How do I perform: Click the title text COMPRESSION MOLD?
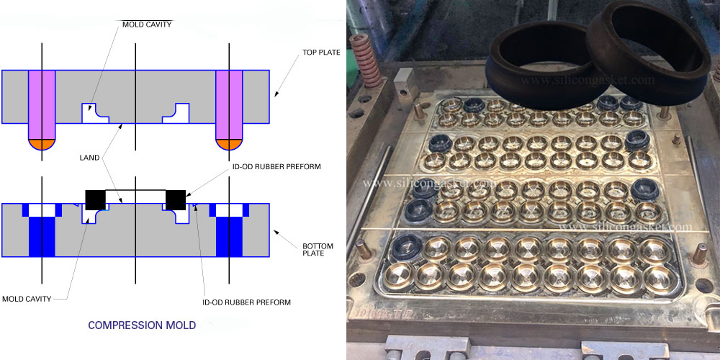142,325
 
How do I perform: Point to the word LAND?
93,157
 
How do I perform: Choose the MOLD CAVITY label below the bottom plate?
27,298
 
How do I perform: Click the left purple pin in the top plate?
42,104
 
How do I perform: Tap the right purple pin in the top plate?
229,104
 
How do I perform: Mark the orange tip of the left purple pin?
42,144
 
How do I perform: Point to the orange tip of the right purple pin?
229,144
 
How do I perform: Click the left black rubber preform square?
95,199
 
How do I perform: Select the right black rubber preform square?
176,199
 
